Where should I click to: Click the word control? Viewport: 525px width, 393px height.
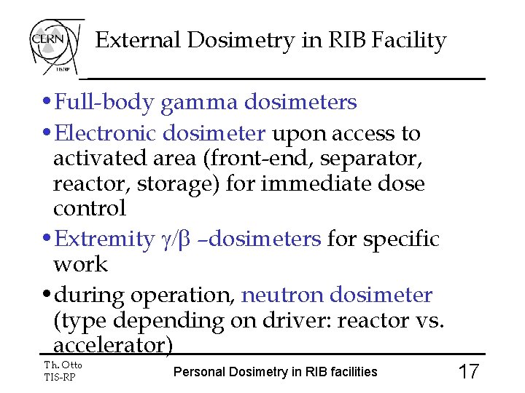click(90, 208)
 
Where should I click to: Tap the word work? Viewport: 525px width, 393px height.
click(80, 264)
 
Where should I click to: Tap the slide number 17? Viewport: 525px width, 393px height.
click(468, 372)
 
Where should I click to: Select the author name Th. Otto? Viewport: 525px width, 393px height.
click(63, 365)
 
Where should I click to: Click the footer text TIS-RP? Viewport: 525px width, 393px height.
click(60, 376)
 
